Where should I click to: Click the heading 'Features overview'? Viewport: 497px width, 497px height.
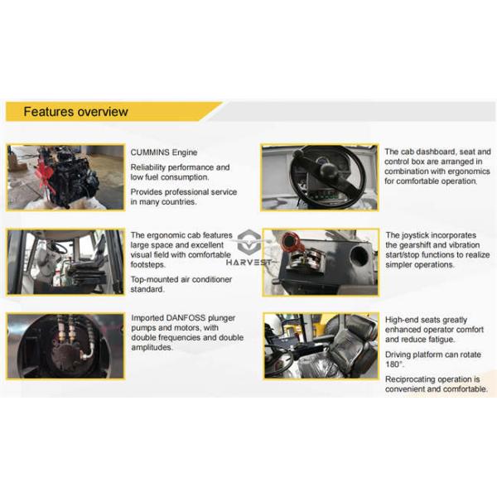pos(75,111)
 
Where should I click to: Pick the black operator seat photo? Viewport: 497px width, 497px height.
pos(319,347)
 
